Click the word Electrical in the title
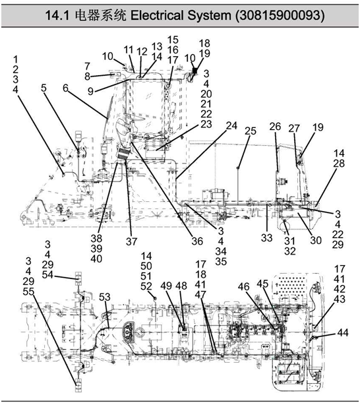(157, 15)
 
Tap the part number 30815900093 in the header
(280, 15)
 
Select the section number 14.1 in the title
(57, 15)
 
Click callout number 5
(44, 88)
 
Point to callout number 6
(66, 88)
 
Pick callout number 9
(90, 91)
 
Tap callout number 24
(231, 125)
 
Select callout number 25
(251, 131)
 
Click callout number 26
(275, 127)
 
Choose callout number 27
(294, 128)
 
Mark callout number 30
(316, 240)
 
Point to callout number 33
(266, 237)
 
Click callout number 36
(197, 241)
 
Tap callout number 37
(131, 241)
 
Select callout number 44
(343, 332)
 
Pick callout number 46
(243, 286)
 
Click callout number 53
(105, 297)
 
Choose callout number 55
(28, 292)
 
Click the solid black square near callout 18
(195, 71)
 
